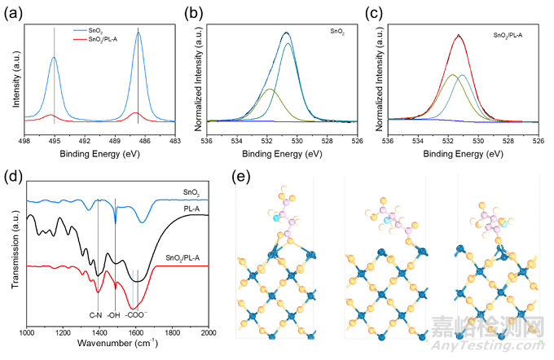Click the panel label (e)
pos(242,175)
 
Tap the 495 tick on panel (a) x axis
pos(55,130)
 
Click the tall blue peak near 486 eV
pos(138,30)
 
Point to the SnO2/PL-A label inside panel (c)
pos(512,37)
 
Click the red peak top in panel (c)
pos(459,35)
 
